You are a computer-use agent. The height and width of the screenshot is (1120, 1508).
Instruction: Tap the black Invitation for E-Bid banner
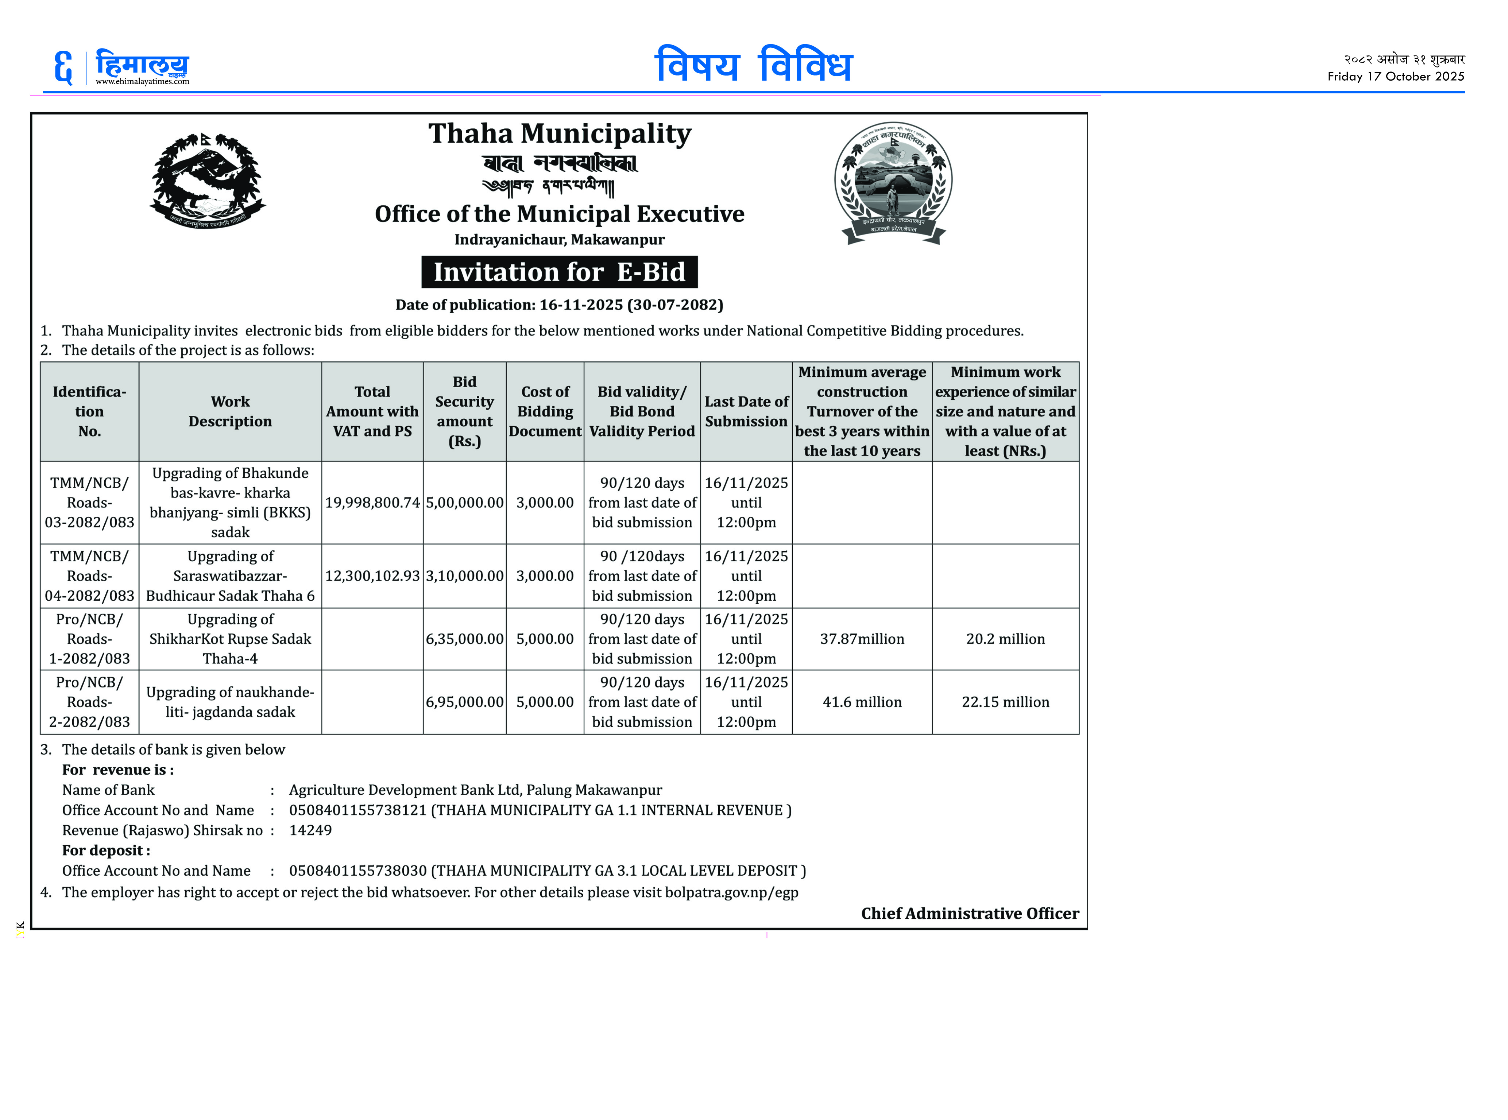coord(560,272)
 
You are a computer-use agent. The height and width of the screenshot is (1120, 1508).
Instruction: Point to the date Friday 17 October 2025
coord(1395,77)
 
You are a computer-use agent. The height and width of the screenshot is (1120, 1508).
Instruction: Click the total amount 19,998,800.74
coord(372,502)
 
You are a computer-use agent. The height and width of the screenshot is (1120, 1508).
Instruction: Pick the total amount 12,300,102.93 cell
coord(372,575)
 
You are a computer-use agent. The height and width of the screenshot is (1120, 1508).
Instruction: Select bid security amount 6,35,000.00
coord(464,639)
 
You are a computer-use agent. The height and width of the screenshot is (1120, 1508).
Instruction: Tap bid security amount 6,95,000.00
coord(464,702)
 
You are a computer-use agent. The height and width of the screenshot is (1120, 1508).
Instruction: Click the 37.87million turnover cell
coord(862,639)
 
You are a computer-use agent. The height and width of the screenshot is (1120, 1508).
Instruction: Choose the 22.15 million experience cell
coord(1005,702)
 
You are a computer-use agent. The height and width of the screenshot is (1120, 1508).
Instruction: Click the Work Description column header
coord(230,411)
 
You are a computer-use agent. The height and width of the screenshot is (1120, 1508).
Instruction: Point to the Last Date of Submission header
coord(746,411)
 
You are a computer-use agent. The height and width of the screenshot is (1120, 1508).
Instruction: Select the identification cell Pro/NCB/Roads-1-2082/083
coord(89,639)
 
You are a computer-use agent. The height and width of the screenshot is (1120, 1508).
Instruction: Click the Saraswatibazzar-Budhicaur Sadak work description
coord(230,575)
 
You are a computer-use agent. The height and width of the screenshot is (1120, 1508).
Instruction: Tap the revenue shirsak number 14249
coord(310,830)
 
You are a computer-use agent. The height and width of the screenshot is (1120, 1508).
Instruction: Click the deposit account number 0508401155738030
coord(357,871)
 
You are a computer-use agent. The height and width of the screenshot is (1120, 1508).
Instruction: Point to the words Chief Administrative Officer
coord(970,913)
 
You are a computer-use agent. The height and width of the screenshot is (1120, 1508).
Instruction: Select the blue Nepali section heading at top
coord(753,66)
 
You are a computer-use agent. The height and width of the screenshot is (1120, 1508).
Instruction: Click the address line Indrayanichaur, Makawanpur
coord(560,239)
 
